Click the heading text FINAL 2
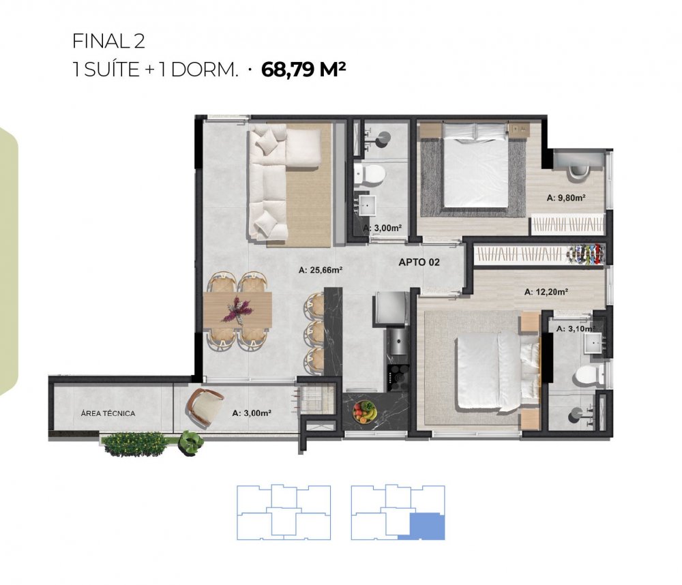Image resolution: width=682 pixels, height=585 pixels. pos(108,42)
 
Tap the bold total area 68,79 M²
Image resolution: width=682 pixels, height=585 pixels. pos(303,69)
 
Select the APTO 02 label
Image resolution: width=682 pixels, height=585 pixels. pos(419,262)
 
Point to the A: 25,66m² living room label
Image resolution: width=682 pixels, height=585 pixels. pos(321,270)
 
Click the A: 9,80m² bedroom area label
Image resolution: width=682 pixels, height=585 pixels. pos(566,198)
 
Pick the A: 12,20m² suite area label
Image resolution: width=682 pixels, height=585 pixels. pos(546,292)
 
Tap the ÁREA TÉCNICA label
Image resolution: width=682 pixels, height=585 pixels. pos(108,413)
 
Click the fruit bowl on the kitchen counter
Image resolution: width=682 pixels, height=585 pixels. pos(364,411)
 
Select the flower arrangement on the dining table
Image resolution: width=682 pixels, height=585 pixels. pos(237,310)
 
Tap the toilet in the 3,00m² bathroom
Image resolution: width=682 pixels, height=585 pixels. pos(369,175)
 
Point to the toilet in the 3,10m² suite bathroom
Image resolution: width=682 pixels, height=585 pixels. pos(589,374)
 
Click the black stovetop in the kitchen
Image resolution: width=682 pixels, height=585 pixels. pos(398,376)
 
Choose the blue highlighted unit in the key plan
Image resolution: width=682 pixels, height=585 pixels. pos(427,526)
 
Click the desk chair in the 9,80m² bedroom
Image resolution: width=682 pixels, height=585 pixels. pos(578,170)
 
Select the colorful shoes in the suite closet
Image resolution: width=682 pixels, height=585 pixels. pos(585,254)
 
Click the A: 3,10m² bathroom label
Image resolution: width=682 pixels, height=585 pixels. pos(576,329)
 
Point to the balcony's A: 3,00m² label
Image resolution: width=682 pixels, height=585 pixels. pos(252,413)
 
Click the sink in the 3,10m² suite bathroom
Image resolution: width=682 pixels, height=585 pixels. pos(595,342)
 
